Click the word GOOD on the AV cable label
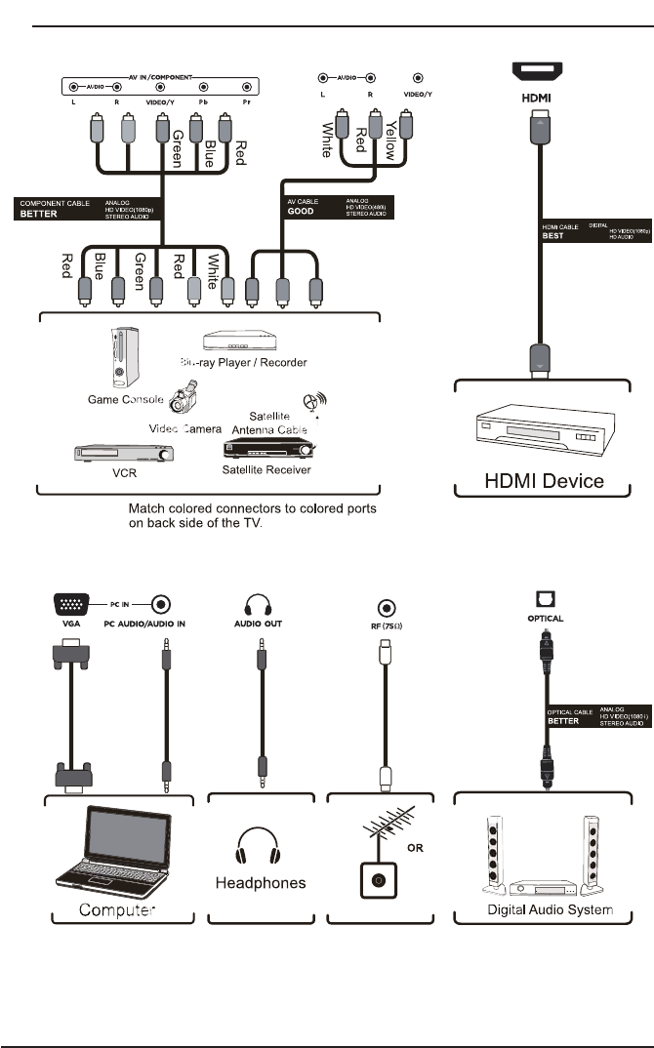coord(301,211)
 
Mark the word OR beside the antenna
coord(415,847)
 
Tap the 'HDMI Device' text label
coord(545,480)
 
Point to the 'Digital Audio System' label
coord(550,910)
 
